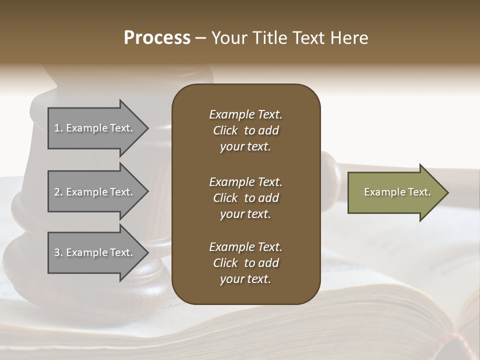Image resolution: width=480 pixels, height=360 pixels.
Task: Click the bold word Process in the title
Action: (157, 37)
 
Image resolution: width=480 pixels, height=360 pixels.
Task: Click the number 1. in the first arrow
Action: (58, 128)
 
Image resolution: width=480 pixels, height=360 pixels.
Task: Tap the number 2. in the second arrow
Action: (58, 192)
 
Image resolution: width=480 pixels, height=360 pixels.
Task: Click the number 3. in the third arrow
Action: (58, 252)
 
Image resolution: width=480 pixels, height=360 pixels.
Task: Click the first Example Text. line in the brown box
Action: (245, 114)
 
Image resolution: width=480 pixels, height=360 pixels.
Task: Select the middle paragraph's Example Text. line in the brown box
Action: (245, 182)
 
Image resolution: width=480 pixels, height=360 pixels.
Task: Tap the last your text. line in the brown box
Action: (245, 279)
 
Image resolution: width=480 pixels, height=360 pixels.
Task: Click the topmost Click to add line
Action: (245, 130)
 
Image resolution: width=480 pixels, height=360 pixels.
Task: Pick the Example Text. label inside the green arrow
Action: (397, 192)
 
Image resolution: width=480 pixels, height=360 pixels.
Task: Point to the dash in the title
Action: (200, 38)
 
